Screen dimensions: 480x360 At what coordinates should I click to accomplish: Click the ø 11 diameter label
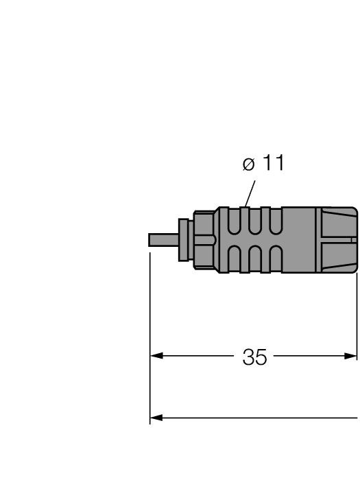[x=263, y=165]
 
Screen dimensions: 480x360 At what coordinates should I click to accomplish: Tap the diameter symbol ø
[x=248, y=165]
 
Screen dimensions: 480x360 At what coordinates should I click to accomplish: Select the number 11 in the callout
[x=272, y=164]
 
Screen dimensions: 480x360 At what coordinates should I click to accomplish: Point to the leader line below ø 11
[x=250, y=191]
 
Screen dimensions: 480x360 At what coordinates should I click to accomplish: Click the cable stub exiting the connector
[x=163, y=240]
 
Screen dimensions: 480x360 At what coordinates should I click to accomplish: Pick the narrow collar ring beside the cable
[x=184, y=239]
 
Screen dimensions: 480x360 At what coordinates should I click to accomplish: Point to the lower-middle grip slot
[x=256, y=258]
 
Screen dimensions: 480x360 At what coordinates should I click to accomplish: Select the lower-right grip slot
[x=276, y=258]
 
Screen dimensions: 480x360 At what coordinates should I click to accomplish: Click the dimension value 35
[x=254, y=357]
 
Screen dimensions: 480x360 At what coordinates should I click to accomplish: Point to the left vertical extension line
[x=150, y=329]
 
